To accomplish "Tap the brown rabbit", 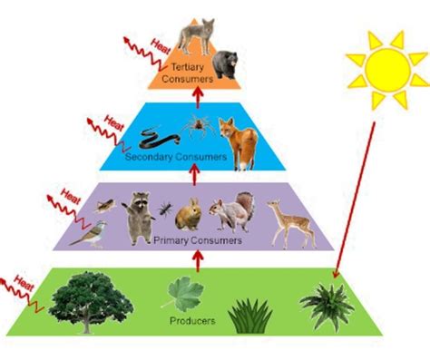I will pos(189,216).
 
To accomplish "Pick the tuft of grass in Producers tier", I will pos(249,315).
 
